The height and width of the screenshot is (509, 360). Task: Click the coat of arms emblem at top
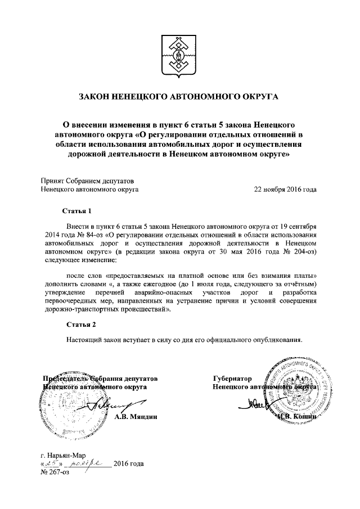coord(179,56)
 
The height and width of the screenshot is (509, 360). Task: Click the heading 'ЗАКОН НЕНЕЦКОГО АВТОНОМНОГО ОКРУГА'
coord(179,97)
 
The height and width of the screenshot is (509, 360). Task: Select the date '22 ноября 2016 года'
coord(285,190)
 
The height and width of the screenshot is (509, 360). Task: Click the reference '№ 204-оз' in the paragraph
coord(299,251)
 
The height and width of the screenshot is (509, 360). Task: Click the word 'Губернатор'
coord(232,379)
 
